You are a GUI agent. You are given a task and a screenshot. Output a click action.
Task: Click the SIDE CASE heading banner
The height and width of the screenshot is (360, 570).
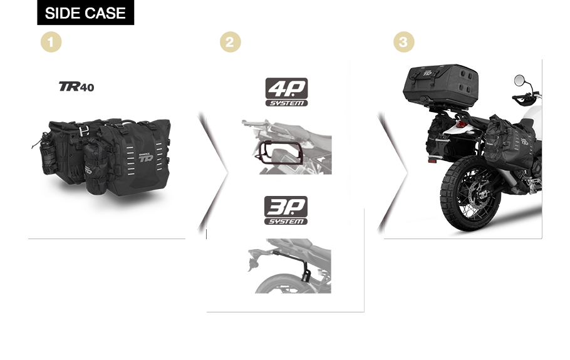(x=85, y=13)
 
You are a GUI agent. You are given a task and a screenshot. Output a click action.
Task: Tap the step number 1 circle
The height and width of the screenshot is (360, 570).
(x=51, y=42)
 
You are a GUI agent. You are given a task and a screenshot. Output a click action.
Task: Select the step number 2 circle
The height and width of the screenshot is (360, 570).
(x=230, y=42)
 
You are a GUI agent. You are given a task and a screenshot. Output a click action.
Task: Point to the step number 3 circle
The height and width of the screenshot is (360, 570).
(x=404, y=42)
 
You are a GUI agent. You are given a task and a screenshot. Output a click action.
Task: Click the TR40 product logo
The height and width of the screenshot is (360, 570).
(x=76, y=86)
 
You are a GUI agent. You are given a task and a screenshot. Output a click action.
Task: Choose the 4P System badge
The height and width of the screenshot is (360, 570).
(x=286, y=92)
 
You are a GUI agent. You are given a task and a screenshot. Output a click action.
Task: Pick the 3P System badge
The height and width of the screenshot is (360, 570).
(x=286, y=210)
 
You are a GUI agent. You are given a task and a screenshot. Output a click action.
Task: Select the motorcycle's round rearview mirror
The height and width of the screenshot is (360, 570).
(x=519, y=80)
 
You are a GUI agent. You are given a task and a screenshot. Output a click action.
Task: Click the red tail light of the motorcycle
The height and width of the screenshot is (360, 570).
(x=460, y=125)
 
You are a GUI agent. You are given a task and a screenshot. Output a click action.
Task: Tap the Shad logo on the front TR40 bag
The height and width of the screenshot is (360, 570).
(x=146, y=157)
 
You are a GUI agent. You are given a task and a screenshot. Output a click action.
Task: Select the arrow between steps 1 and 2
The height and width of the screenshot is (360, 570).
(x=214, y=173)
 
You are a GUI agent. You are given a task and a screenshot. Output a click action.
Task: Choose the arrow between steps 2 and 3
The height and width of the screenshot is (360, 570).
(x=393, y=173)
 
